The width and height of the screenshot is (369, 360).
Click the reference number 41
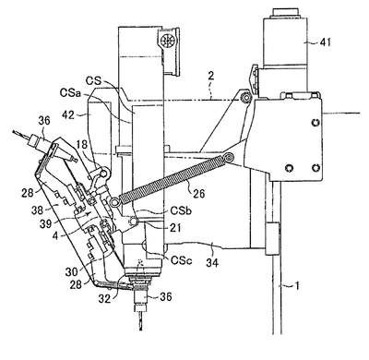coord(325,42)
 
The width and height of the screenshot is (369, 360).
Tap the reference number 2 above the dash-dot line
coord(210,77)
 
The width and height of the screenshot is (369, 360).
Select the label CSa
coord(71,92)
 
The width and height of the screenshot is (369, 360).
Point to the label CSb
coord(181,211)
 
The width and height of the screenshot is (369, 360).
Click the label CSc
coord(182,260)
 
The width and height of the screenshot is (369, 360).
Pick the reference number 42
coord(67,114)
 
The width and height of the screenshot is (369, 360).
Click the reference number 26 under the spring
coord(197,193)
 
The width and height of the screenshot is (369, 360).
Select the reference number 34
coord(212,262)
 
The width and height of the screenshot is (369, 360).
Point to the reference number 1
coord(296,286)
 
